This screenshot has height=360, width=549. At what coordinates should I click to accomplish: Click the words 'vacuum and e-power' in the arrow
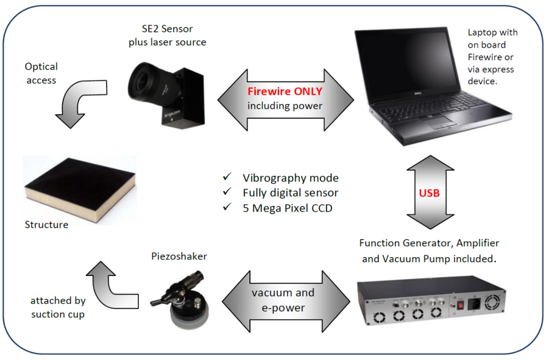point(283,301)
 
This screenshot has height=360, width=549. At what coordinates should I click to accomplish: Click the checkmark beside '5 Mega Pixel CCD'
point(227,208)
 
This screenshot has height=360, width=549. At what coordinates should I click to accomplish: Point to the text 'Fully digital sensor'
point(290,193)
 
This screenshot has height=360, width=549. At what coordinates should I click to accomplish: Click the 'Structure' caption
point(47,225)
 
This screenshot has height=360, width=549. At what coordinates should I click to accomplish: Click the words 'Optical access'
point(41,73)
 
